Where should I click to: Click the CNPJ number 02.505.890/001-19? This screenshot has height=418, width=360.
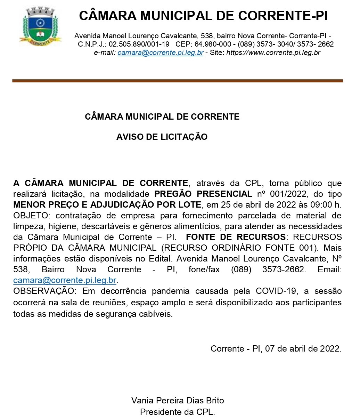pyautogui.click(x=139, y=45)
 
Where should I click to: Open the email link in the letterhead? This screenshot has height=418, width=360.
pyautogui.click(x=160, y=53)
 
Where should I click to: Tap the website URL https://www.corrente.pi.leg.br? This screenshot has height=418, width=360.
pyautogui.click(x=273, y=53)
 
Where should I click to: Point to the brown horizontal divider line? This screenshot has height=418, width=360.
pyautogui.click(x=177, y=81)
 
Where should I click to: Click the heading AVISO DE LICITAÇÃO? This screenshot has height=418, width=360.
pyautogui.click(x=162, y=137)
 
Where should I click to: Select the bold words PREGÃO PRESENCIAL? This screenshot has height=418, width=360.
pyautogui.click(x=203, y=194)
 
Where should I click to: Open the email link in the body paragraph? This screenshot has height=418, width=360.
pyautogui.click(x=65, y=280)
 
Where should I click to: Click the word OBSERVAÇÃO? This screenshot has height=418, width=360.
pyautogui.click(x=43, y=291)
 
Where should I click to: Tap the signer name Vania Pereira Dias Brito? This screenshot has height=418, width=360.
pyautogui.click(x=178, y=400)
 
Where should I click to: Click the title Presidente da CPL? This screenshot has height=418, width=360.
pyautogui.click(x=178, y=412)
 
